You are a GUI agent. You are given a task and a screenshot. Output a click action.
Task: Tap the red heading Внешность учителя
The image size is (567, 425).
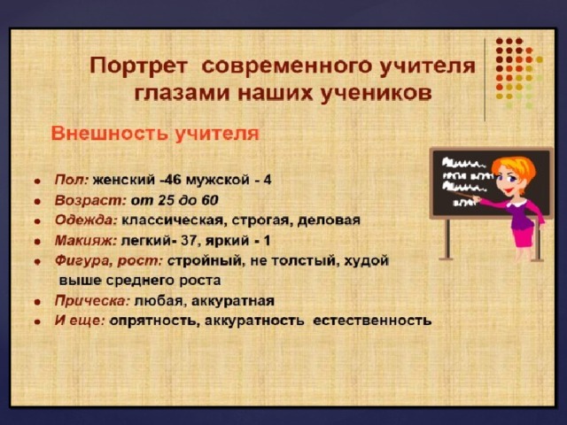(155, 134)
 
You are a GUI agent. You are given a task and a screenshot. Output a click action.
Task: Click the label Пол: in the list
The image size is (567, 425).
(71, 180)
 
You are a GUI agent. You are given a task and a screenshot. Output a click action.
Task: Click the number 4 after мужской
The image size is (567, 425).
(268, 180)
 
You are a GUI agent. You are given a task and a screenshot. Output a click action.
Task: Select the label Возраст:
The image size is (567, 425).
(89, 200)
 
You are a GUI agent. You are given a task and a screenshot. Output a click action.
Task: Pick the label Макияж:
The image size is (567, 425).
(86, 241)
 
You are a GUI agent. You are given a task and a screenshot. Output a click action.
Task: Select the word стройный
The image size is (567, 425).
(205, 261)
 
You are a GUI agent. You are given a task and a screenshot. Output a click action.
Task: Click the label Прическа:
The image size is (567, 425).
(92, 301)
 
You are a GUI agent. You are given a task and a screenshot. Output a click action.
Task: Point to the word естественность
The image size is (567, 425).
(372, 321)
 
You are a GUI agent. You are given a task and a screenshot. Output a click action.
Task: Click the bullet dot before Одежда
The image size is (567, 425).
(37, 221)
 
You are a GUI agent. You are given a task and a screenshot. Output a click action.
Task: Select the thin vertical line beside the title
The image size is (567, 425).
(485, 80)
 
